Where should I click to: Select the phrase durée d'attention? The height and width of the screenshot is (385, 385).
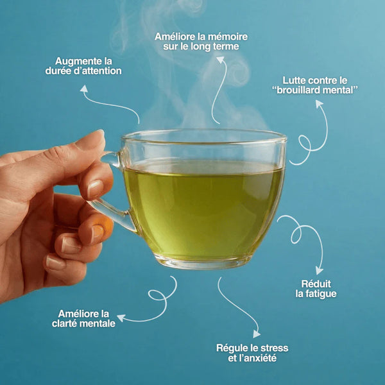(83, 71)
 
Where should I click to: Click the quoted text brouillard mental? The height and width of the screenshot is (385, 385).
(315, 90)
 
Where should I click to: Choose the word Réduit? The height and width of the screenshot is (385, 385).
(316, 284)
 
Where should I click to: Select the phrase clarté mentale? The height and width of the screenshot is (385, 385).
(83, 323)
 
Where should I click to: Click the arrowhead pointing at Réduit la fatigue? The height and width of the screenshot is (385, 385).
(319, 271)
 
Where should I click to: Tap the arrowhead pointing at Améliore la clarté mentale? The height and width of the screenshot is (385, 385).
(121, 318)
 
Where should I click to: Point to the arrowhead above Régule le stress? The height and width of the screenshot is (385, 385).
(257, 334)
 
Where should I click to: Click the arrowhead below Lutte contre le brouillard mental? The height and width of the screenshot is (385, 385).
(319, 103)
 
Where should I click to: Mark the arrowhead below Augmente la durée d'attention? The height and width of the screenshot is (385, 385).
(84, 89)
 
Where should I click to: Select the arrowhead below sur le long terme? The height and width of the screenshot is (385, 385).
(221, 60)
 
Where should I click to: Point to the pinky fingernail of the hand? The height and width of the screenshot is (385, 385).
(55, 262)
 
